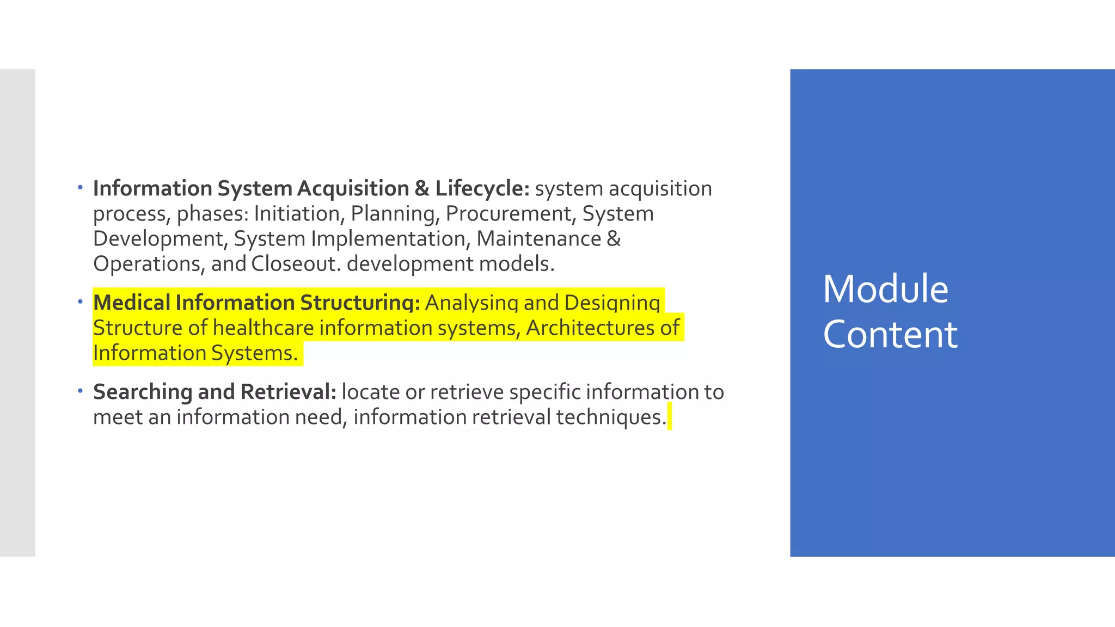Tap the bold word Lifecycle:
tap(482, 189)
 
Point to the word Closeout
tap(296, 264)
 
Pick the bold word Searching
tap(143, 392)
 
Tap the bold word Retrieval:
tap(288, 392)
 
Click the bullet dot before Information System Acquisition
tap(80, 188)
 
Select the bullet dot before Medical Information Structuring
tap(80, 302)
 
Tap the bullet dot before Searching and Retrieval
tap(80, 391)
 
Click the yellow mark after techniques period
tap(670, 416)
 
